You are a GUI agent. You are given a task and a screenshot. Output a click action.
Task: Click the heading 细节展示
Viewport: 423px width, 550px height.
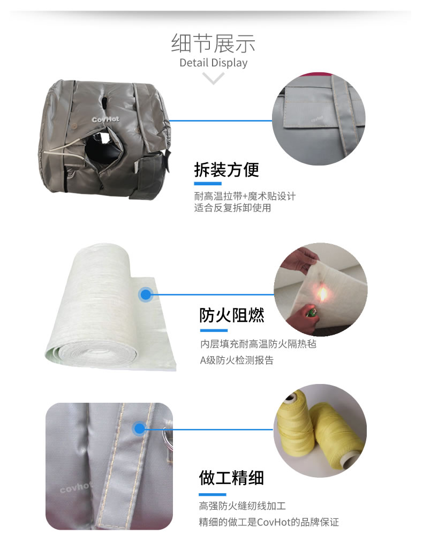(x=213, y=43)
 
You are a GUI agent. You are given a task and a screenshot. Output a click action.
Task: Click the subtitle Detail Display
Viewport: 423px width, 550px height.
(x=213, y=63)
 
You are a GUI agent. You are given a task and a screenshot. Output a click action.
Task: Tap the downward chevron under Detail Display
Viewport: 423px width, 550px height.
(x=213, y=78)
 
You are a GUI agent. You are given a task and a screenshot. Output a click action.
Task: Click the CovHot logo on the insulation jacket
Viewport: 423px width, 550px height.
(x=105, y=119)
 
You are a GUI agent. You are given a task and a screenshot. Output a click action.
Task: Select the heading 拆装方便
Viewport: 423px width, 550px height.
(x=226, y=170)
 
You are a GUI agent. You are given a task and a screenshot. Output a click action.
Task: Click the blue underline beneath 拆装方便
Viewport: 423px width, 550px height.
(x=208, y=184)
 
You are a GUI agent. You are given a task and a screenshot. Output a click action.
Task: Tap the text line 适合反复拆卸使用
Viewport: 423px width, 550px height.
(x=232, y=208)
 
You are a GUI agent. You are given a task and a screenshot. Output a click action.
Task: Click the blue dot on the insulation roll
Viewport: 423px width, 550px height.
(x=146, y=295)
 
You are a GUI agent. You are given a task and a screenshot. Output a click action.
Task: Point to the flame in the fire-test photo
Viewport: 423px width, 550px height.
(x=322, y=294)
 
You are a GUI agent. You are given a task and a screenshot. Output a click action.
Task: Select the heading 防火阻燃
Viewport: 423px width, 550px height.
(x=232, y=315)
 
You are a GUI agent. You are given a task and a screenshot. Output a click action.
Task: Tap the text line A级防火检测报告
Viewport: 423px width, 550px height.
(x=237, y=360)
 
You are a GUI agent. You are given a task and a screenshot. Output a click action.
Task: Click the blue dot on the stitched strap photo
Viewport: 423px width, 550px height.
(x=139, y=428)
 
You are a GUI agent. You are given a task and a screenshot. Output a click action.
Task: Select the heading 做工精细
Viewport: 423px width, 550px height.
(x=231, y=478)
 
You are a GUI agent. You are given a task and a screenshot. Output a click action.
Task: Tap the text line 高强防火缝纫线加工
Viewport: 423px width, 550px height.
(x=243, y=506)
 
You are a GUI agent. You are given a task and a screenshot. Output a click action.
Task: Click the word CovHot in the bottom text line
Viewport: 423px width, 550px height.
(x=274, y=522)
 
